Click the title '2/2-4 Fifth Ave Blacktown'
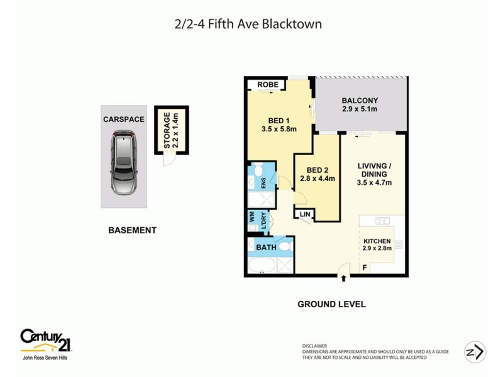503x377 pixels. click(x=248, y=25)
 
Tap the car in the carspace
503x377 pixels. click(x=124, y=162)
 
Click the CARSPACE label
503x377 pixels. click(x=124, y=119)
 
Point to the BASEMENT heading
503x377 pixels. click(x=132, y=231)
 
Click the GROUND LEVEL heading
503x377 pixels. click(x=331, y=304)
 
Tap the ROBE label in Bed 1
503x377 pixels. click(x=267, y=85)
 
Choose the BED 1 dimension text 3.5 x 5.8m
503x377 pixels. click(x=279, y=129)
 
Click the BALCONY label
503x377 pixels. click(x=359, y=101)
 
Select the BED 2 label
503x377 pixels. click(x=318, y=170)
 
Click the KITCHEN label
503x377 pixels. click(x=377, y=241)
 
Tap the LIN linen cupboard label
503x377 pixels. click(x=306, y=214)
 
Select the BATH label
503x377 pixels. click(x=266, y=248)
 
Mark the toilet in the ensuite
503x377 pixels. click(x=257, y=172)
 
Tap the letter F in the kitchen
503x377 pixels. click(x=365, y=268)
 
